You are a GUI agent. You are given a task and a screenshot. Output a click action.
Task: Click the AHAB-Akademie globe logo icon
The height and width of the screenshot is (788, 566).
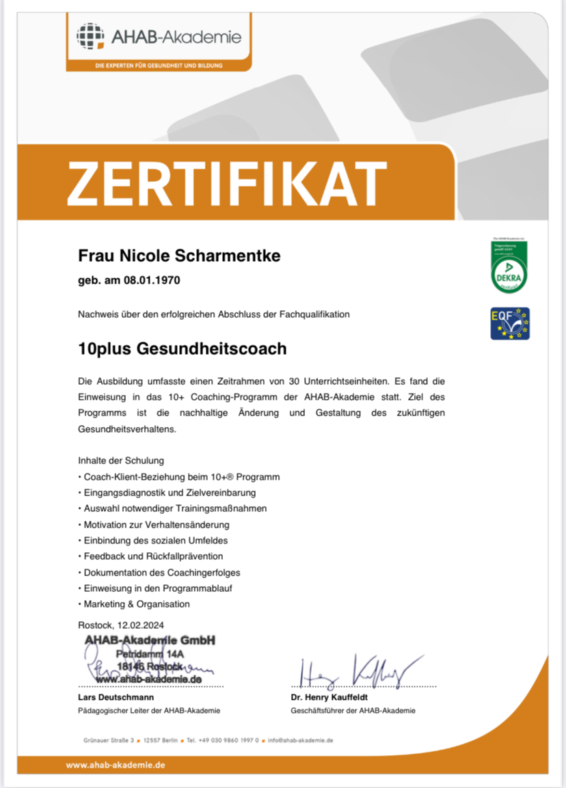91,37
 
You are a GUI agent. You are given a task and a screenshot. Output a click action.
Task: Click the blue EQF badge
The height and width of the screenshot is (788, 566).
510,323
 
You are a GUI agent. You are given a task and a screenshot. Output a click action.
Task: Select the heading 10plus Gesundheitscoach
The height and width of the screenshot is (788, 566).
183,349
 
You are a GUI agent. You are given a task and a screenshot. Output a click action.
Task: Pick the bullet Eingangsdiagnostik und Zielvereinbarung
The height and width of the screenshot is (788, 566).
170,492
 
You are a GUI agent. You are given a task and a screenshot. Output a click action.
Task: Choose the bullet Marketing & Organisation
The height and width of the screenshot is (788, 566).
137,604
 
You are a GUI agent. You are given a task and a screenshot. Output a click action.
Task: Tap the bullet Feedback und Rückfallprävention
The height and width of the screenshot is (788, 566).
153,556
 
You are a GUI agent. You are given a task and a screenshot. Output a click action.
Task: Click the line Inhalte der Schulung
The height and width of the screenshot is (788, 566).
121,461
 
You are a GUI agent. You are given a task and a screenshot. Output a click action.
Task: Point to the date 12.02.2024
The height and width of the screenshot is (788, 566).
141,624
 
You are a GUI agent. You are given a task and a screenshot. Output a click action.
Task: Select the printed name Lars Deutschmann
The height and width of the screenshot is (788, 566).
116,697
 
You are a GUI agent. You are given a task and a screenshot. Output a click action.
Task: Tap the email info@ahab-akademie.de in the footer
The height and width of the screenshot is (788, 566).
301,740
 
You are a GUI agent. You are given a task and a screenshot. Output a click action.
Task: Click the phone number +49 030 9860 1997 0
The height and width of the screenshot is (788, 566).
223,740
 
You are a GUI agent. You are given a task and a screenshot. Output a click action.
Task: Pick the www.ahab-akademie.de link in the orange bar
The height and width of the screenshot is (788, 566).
116,765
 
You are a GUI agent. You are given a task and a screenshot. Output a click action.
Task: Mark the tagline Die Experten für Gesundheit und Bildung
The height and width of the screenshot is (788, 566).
159,66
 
